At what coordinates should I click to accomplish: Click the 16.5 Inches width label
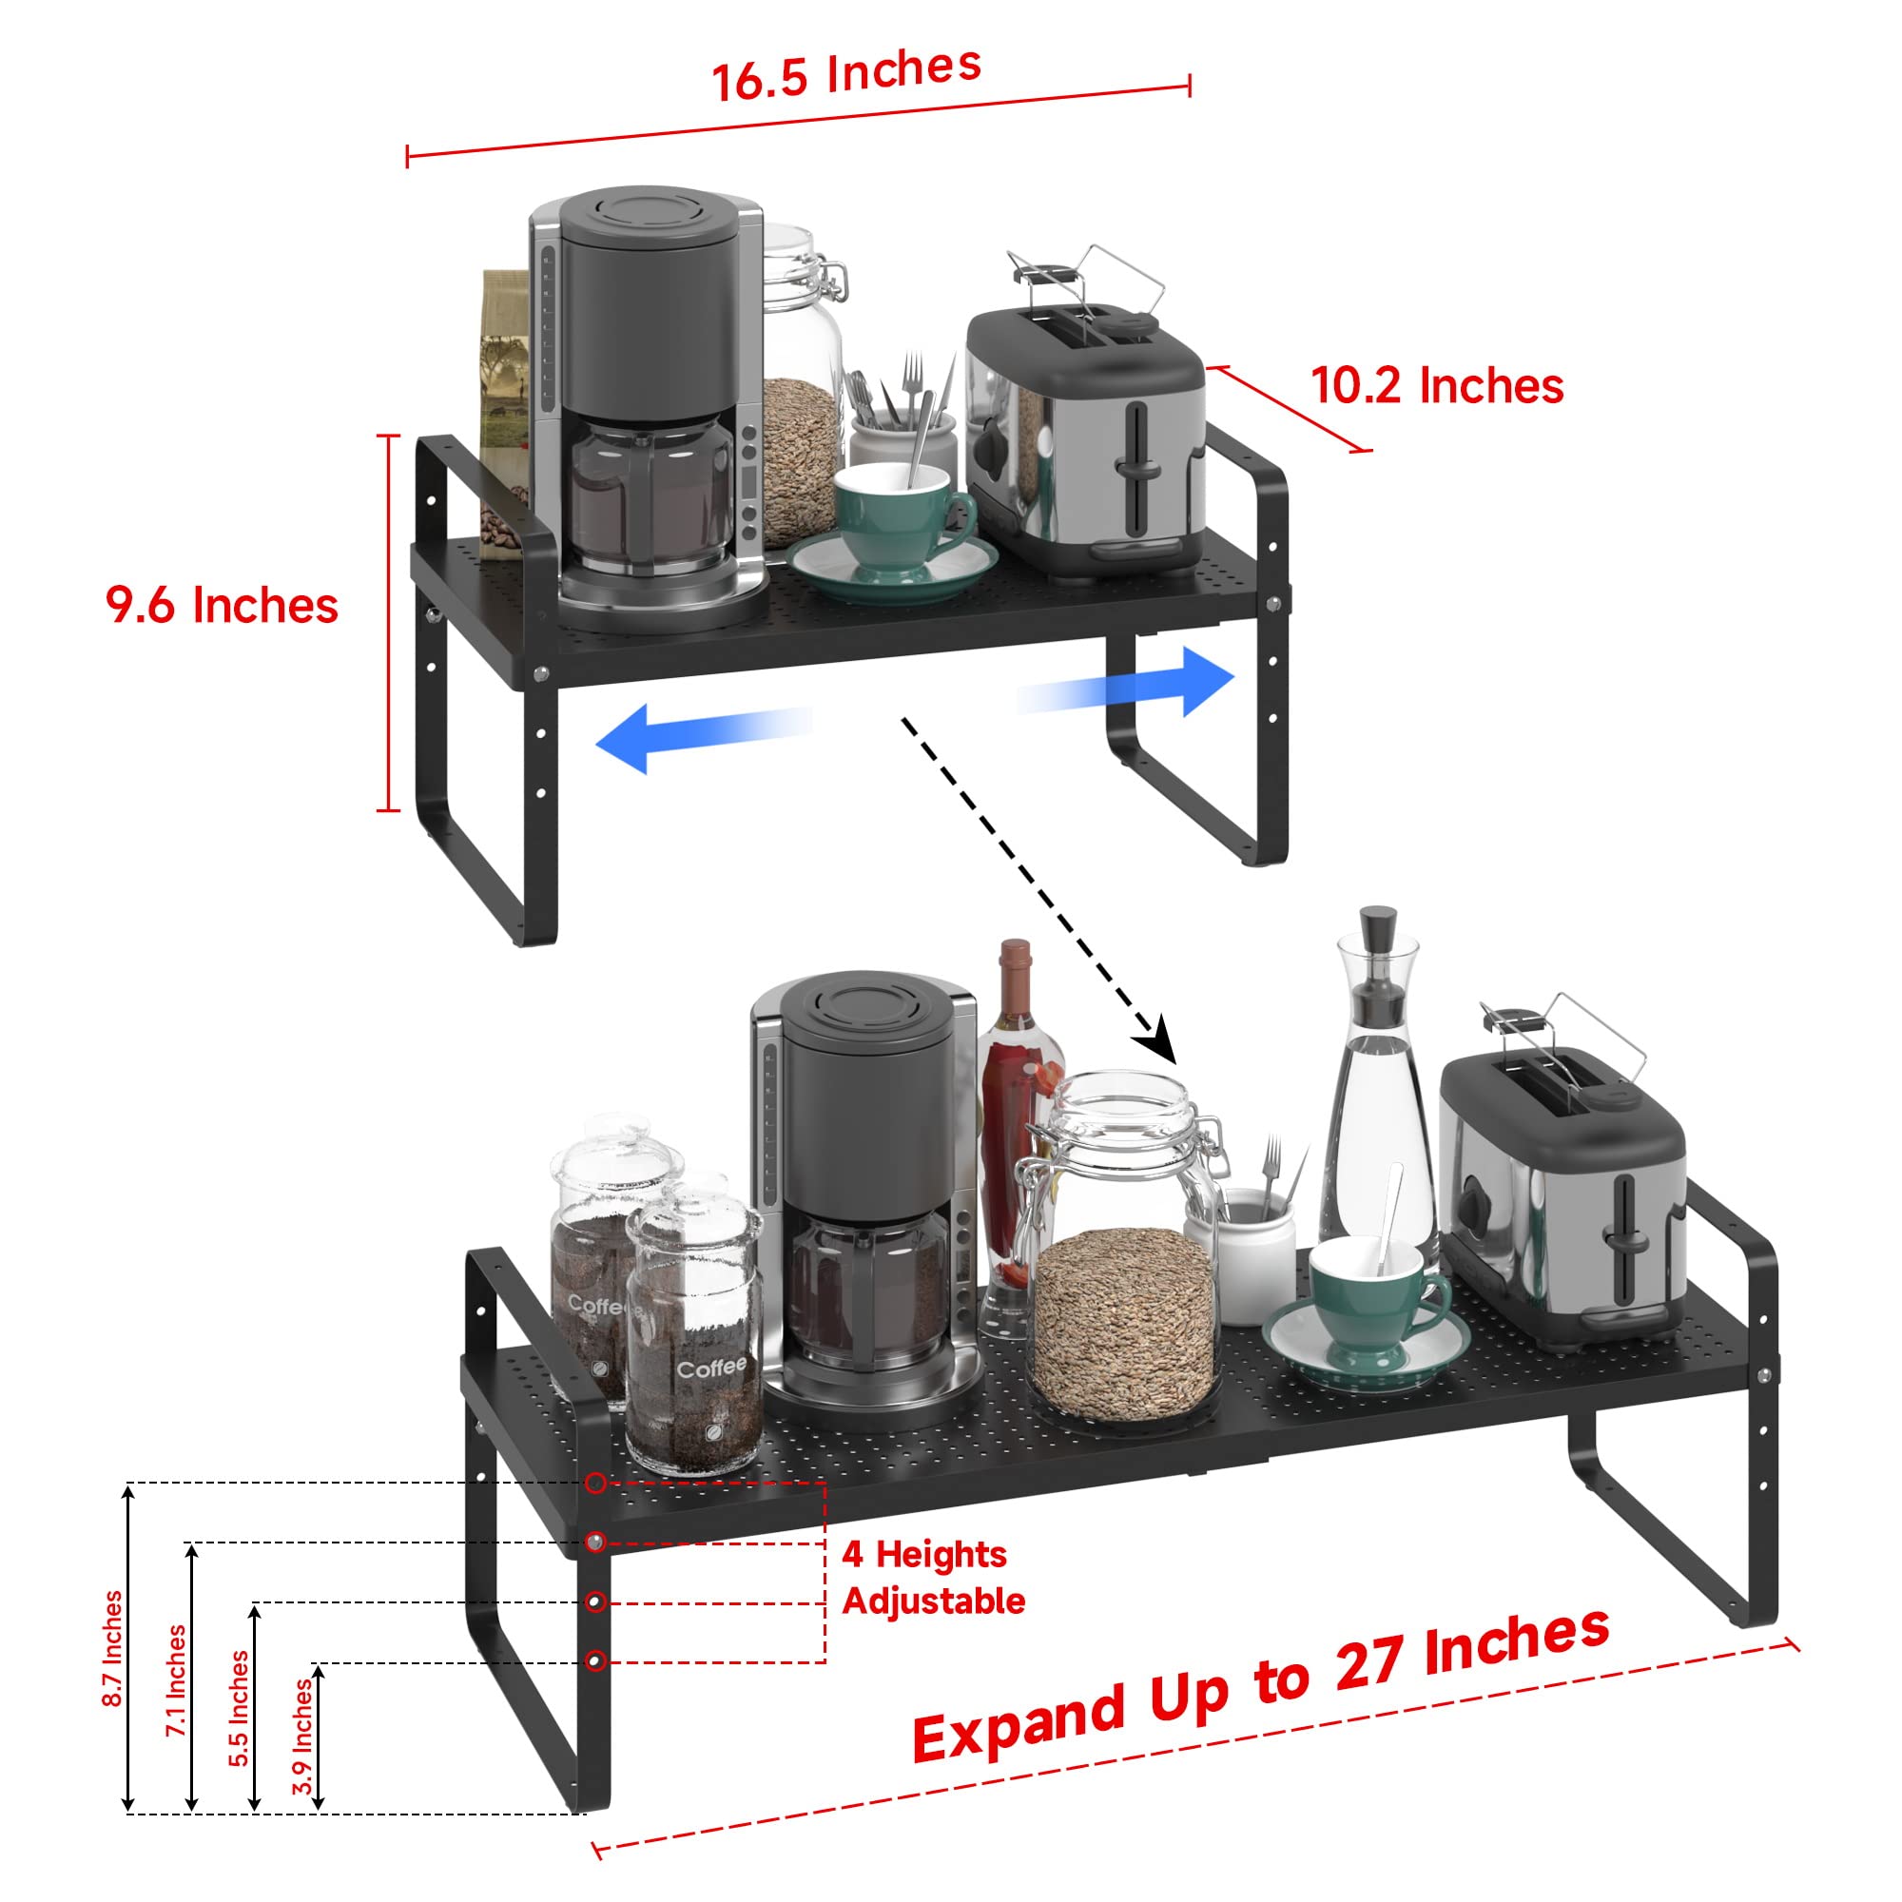coord(846,74)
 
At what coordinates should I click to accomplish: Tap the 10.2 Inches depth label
coord(1436,386)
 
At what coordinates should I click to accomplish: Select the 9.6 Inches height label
coord(223,605)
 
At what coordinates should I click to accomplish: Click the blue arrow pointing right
coord(1125,682)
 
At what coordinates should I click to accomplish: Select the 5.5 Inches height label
coord(240,1708)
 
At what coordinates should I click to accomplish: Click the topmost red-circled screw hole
coord(595,1483)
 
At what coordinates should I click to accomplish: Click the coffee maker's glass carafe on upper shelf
coord(650,493)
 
